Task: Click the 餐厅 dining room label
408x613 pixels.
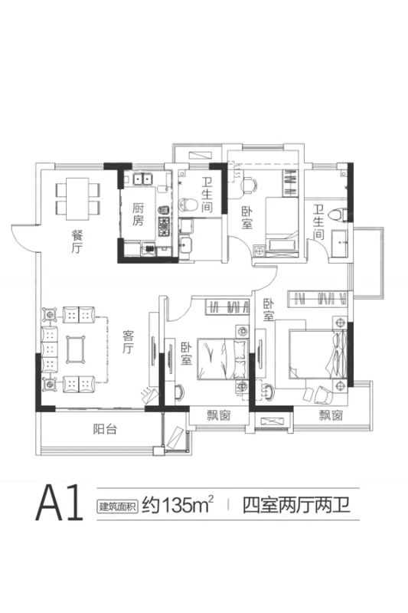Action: coord(77,241)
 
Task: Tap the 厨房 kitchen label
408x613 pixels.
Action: coord(138,214)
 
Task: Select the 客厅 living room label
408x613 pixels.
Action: coord(128,342)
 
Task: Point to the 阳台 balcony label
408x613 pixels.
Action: coord(105,429)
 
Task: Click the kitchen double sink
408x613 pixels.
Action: coord(142,179)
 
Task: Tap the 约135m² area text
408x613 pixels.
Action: coord(178,505)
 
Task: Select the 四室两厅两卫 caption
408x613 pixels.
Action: coord(296,505)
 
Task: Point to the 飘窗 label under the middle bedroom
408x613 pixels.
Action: coord(219,415)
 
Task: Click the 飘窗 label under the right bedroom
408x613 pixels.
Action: coord(331,415)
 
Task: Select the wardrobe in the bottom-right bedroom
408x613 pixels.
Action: coord(318,299)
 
